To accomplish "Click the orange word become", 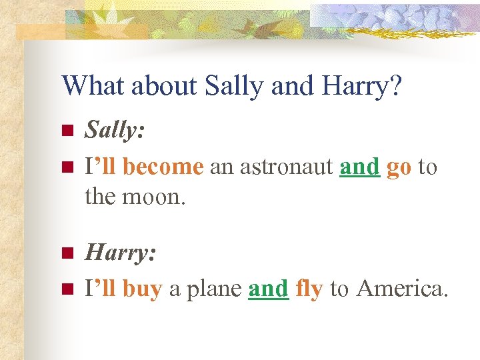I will (163, 167).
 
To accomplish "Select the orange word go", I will (399, 168).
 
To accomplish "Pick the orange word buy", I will (142, 289).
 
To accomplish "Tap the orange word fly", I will (309, 289).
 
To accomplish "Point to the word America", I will (402, 289).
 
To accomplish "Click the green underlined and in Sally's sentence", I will (359, 167).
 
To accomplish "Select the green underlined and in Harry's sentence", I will (268, 289).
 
